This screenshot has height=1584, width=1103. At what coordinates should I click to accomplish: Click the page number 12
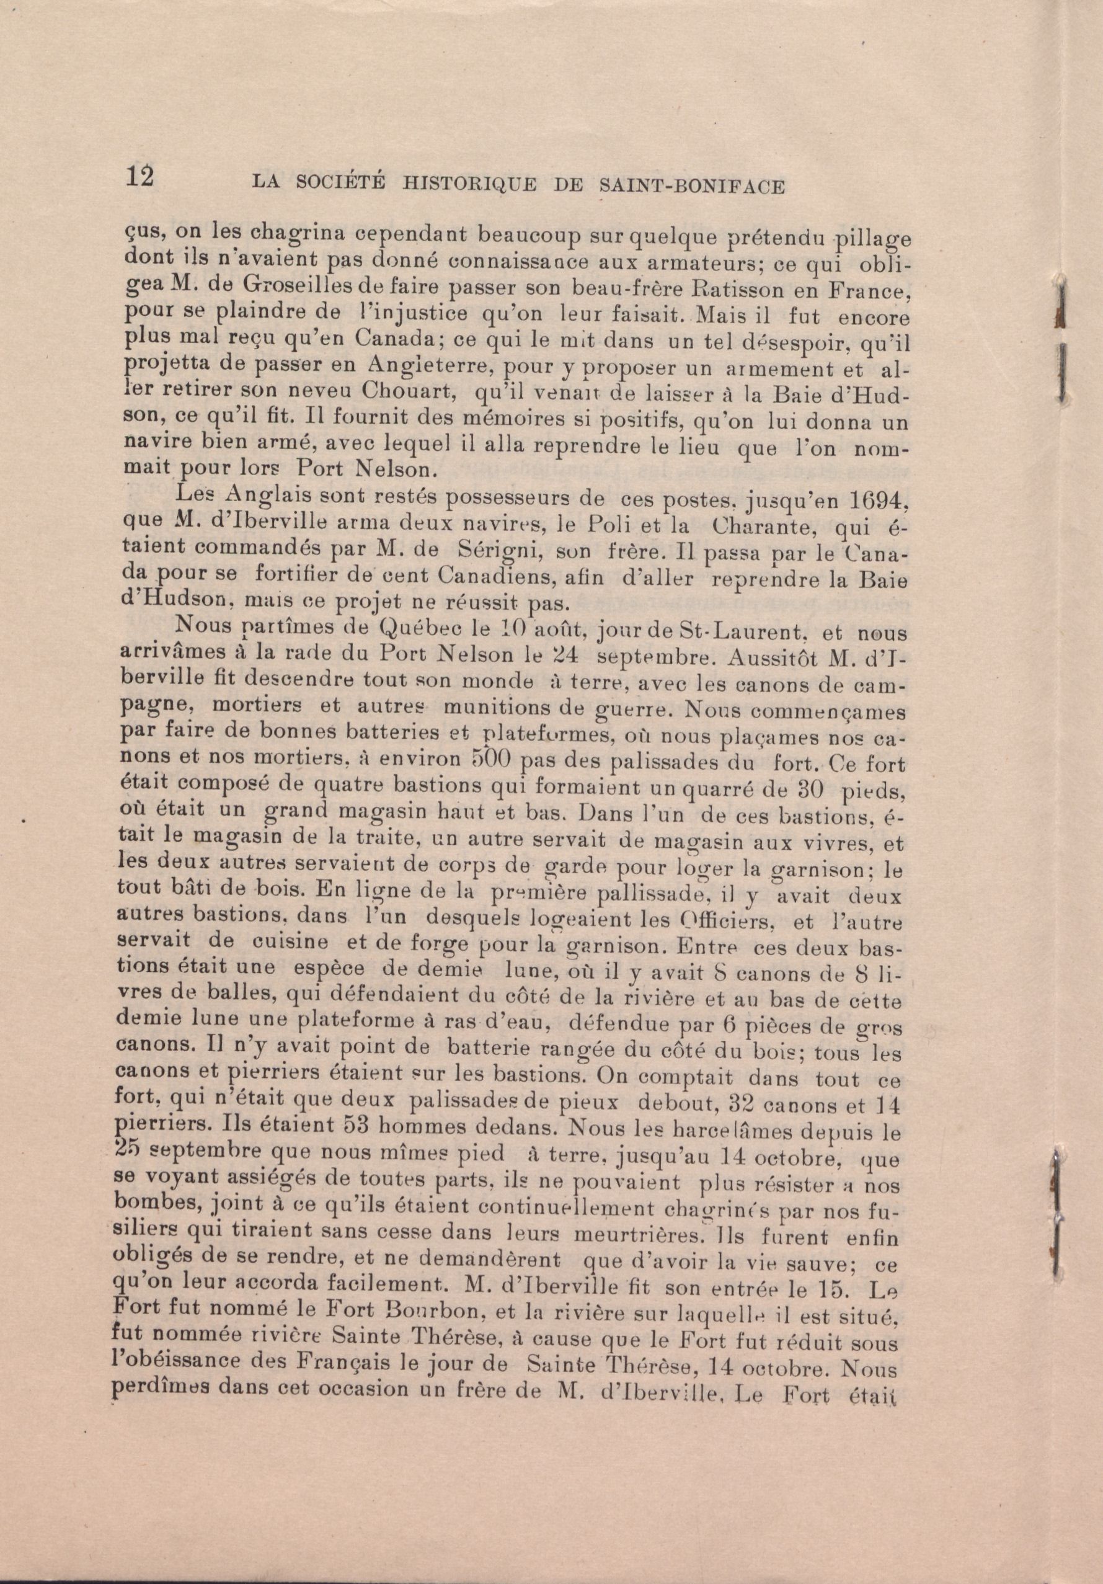tap(141, 178)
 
